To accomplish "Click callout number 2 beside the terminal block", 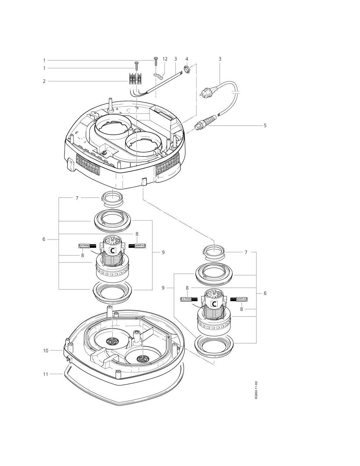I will point(45,81).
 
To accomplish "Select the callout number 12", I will point(165,59).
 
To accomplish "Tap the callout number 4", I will point(187,59).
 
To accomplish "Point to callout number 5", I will point(265,125).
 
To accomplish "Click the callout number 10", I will point(46,351).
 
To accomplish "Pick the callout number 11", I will point(46,374).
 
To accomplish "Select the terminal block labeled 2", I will point(135,78).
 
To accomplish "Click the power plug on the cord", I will point(205,92).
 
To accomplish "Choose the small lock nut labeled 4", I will point(187,68).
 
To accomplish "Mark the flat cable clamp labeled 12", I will point(158,75).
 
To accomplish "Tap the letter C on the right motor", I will point(215,304).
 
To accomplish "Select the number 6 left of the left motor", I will point(44,239).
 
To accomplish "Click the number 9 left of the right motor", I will point(163,288).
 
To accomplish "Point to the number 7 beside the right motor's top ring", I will point(246,252).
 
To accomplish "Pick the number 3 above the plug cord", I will point(220,59).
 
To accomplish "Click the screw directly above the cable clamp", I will point(156,61).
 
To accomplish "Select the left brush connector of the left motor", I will point(85,246).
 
